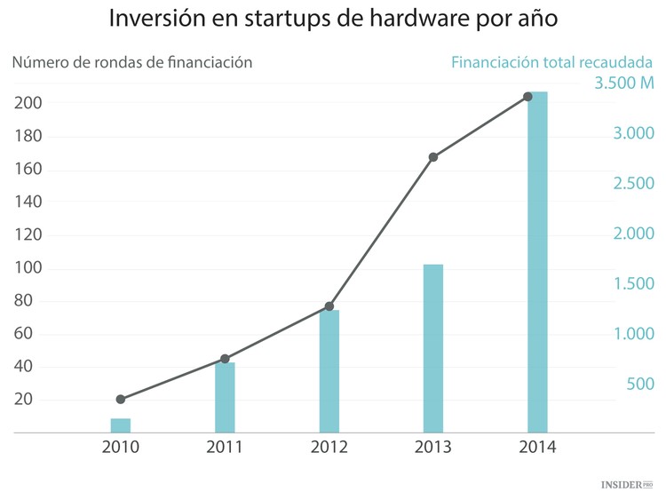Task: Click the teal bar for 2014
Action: pyautogui.click(x=537, y=262)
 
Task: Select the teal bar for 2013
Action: pyautogui.click(x=433, y=348)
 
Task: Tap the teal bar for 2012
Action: pyautogui.click(x=329, y=370)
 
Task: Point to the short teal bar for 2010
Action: pyautogui.click(x=121, y=425)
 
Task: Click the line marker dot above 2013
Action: pyautogui.click(x=433, y=157)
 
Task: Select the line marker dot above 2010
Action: pyautogui.click(x=121, y=400)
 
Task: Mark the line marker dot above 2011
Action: pyautogui.click(x=225, y=359)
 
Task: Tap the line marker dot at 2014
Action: pyautogui.click(x=527, y=96)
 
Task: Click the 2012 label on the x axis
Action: pyautogui.click(x=329, y=448)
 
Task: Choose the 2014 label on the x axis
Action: pyautogui.click(x=537, y=448)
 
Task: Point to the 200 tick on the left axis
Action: pyautogui.click(x=28, y=103)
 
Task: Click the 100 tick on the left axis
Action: pyautogui.click(x=28, y=268)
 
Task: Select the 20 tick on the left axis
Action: pyautogui.click(x=24, y=400)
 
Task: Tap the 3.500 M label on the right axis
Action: pyautogui.click(x=623, y=84)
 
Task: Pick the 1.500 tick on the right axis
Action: pyautogui.click(x=631, y=284)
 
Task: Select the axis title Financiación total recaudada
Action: pyautogui.click(x=551, y=63)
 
